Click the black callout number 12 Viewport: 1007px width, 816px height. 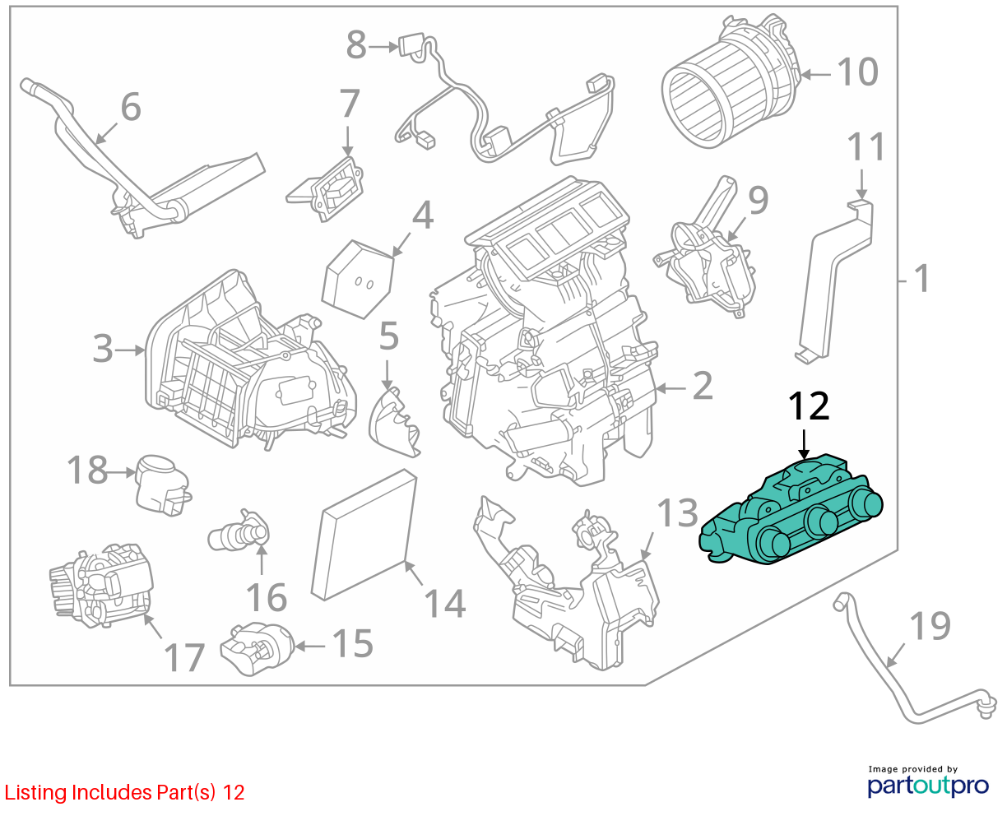tap(809, 406)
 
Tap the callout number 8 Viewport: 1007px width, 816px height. tap(356, 44)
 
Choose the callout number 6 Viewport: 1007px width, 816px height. tap(131, 106)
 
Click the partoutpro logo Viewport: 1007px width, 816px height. tap(928, 785)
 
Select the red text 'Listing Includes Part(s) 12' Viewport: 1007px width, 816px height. tap(124, 792)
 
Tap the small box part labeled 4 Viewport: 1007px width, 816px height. tap(358, 279)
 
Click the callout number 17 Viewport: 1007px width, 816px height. tap(184, 657)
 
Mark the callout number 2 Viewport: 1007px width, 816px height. tap(703, 386)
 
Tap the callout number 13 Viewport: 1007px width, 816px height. tap(677, 512)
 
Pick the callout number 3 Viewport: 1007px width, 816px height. tap(103, 349)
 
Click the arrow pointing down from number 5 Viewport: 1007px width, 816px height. tap(387, 374)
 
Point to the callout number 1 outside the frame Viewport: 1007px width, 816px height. tap(922, 279)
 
